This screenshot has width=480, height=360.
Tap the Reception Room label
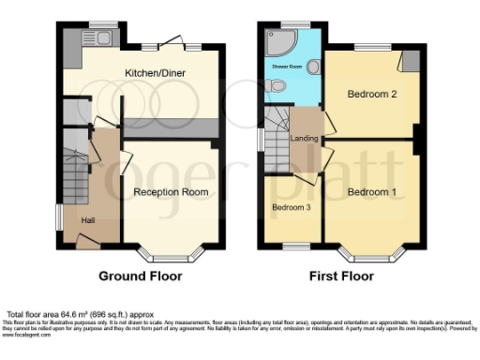[x=170, y=191]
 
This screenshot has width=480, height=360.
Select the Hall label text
[x=87, y=220]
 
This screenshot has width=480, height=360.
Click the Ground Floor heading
[x=141, y=277]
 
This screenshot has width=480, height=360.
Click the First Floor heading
[x=341, y=277]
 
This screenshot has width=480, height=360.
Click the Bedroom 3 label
[x=292, y=207]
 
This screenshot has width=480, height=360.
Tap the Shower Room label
[x=287, y=67]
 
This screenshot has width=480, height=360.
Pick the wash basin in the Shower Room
[x=314, y=66]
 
